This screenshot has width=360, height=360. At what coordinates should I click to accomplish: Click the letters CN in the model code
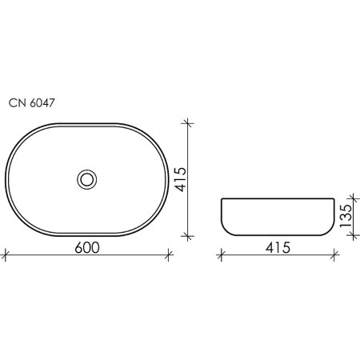tap(16, 102)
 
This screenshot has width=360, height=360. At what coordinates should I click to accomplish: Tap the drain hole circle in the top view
tap(87, 178)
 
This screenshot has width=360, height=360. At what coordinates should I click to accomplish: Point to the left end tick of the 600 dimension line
tap(6, 256)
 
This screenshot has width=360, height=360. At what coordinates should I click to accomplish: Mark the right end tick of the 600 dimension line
tap(169, 256)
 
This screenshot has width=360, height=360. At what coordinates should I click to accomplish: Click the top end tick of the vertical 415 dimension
tap(188, 122)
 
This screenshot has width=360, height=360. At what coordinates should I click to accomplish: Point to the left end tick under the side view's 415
tap(221, 256)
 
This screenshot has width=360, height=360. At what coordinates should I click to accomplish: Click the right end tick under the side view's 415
tap(330, 256)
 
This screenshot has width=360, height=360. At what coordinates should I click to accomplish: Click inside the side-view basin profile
tap(275, 216)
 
